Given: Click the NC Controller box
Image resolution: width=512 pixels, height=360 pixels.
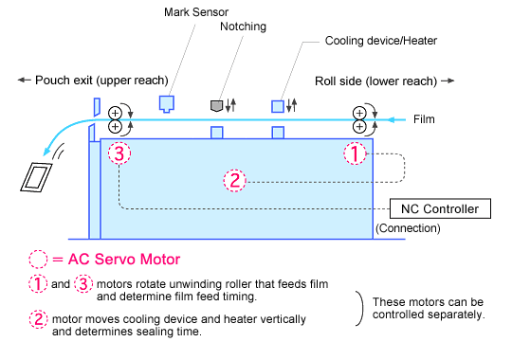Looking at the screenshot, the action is click(440, 208).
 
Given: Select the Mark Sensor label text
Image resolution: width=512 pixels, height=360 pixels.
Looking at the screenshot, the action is click(196, 12).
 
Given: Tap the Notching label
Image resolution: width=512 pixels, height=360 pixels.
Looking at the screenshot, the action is click(243, 27).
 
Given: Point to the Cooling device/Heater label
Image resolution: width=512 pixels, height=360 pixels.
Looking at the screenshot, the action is click(381, 41).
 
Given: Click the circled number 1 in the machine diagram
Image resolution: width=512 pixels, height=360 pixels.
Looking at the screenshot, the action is click(355, 153).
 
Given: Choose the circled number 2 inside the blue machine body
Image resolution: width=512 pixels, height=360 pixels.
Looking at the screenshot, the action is click(235, 181).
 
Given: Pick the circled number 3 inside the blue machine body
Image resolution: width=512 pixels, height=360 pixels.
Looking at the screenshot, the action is click(119, 153).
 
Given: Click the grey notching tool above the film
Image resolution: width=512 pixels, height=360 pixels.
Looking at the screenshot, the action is click(216, 106).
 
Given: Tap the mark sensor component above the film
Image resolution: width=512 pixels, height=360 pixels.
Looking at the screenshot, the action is click(167, 104).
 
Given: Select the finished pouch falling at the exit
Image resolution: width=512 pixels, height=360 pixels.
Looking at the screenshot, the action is click(36, 177).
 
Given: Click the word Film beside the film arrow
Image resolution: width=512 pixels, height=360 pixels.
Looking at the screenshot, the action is click(424, 119).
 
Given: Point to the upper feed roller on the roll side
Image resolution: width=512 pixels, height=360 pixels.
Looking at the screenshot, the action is click(359, 113).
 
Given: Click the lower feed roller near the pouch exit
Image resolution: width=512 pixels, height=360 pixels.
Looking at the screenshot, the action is click(115, 127).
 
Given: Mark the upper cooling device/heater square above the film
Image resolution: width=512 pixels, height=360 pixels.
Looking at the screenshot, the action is click(278, 106).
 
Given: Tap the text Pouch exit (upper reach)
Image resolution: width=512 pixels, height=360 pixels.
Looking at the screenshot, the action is click(101, 81).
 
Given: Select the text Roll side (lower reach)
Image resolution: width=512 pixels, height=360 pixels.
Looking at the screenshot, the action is click(375, 81).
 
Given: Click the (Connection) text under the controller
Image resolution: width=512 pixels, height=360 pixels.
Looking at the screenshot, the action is click(408, 228).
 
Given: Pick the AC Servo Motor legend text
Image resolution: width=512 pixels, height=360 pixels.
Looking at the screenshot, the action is click(124, 260).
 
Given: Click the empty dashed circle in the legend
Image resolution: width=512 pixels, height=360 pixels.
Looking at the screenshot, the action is click(38, 260).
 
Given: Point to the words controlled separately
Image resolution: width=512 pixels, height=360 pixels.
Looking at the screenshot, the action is click(429, 315).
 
